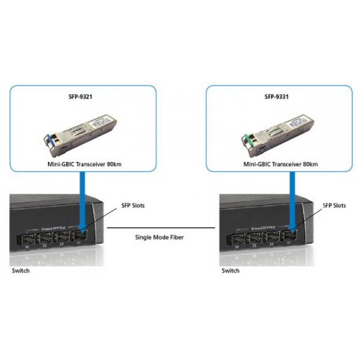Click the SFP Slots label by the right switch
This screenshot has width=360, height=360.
click(x=334, y=205)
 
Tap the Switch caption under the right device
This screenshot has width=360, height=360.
click(x=230, y=270)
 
